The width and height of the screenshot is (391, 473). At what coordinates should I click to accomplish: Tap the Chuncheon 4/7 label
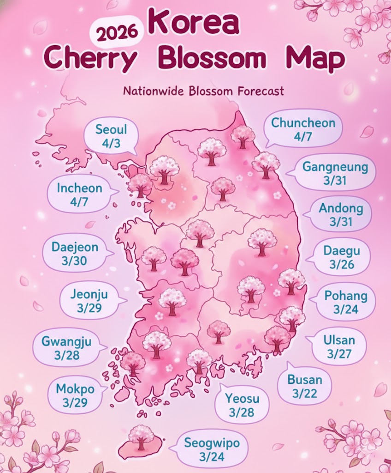pos(303,129)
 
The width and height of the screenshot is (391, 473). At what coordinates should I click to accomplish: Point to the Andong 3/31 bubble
pos(341,215)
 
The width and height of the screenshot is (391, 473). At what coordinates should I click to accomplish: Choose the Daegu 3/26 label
pos(341,258)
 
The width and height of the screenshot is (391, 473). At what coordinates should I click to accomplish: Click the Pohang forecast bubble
pos(346,302)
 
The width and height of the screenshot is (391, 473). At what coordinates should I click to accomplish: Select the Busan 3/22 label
pos(305,387)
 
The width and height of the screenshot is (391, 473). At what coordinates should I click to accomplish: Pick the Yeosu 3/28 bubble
pos(242,405)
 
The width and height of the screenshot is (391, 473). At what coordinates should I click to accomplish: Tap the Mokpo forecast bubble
pos(75,395)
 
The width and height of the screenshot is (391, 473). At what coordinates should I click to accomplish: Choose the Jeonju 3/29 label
pos(89,300)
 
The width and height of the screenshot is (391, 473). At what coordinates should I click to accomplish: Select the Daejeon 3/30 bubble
pos(75,254)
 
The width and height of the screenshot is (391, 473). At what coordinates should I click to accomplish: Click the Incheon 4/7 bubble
pos(79,194)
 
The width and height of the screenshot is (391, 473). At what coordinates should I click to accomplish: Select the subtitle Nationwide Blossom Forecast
pos(203,91)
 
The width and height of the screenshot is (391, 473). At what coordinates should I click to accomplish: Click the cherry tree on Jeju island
pos(141,437)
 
